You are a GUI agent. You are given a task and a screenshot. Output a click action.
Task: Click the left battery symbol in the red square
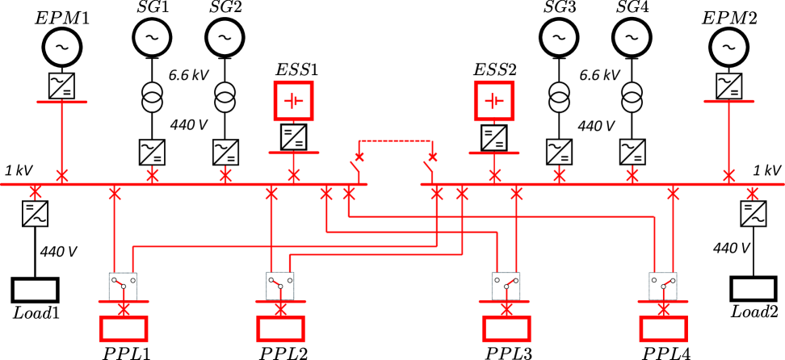tap(293, 101)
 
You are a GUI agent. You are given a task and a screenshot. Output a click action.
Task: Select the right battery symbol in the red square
tap(493, 101)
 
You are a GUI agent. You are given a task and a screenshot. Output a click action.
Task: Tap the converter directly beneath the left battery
tap(293, 136)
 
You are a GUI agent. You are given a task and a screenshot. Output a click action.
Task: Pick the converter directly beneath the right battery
tap(493, 137)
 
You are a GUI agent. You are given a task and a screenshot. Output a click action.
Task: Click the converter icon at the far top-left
tap(61, 86)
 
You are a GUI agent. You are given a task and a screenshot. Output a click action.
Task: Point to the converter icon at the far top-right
tap(728, 86)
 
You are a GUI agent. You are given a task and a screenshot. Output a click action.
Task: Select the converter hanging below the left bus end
tap(35, 213)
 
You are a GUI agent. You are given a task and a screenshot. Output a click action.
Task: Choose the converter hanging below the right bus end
tap(753, 213)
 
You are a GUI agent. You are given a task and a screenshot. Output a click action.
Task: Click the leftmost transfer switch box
tap(123, 285)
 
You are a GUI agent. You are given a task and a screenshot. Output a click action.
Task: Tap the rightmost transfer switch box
tap(662, 285)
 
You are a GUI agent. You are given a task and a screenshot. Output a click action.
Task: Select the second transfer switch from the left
tap(280, 285)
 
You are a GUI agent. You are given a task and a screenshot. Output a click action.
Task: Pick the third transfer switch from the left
tap(506, 285)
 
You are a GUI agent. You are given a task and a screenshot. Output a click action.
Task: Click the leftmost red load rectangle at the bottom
tap(124, 328)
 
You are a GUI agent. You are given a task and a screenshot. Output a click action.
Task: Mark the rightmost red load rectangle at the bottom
tap(663, 328)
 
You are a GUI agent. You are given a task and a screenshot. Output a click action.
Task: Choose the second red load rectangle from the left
tap(280, 328)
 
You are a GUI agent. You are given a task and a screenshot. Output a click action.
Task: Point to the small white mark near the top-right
tap(728, 39)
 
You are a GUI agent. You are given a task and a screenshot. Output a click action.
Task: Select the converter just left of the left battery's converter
tap(225, 152)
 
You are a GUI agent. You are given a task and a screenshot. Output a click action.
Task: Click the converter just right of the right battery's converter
tap(559, 152)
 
